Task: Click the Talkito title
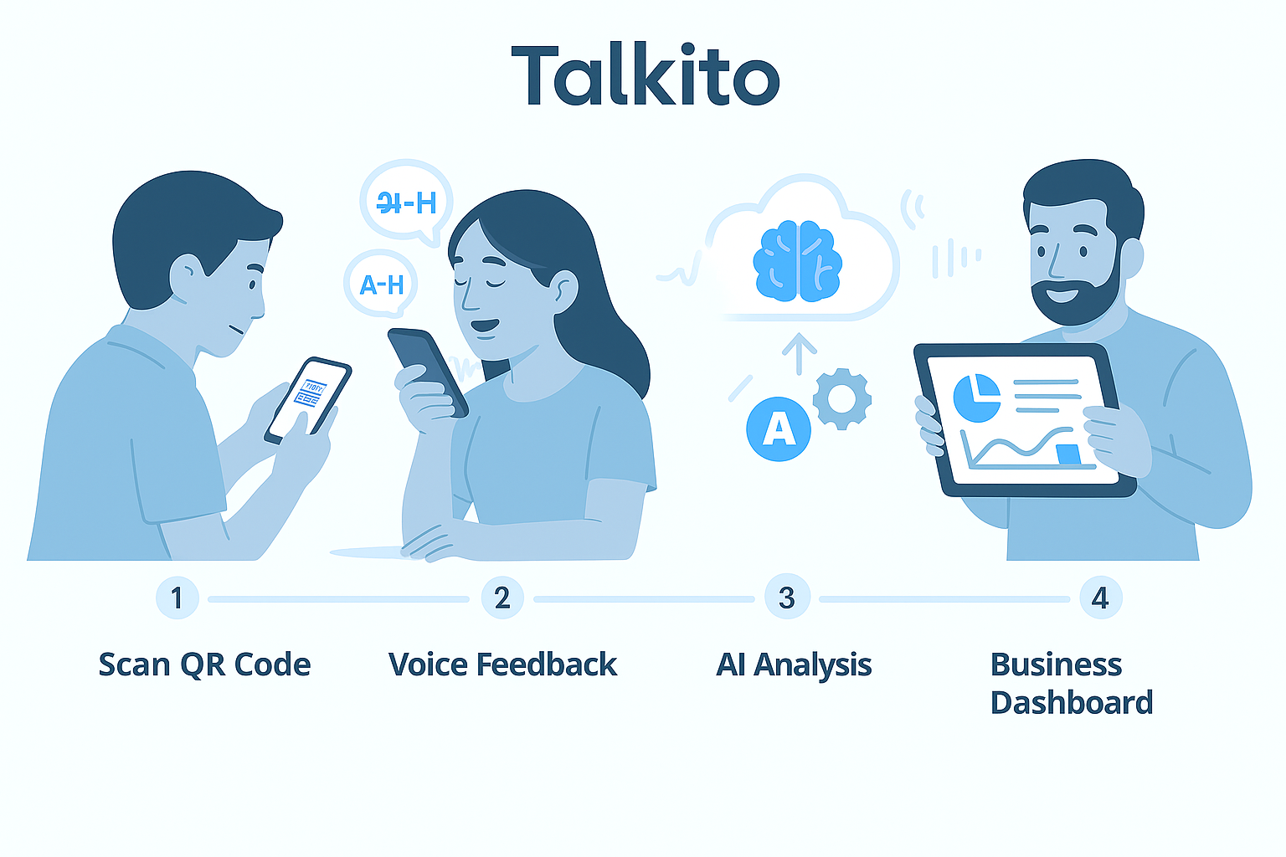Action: click(x=645, y=77)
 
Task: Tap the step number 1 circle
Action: click(x=177, y=598)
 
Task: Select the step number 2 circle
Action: click(x=502, y=598)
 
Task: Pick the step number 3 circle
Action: click(x=786, y=598)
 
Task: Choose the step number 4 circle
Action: click(x=1100, y=598)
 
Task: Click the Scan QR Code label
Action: click(x=204, y=665)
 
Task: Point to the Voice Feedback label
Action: click(x=502, y=665)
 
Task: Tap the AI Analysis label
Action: click(x=794, y=665)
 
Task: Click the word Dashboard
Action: click(x=1071, y=702)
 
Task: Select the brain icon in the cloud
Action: click(x=798, y=259)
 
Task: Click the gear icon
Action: click(x=842, y=399)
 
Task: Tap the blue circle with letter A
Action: click(x=779, y=428)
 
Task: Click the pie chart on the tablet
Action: click(x=976, y=398)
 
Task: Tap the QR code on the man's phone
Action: click(x=309, y=393)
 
